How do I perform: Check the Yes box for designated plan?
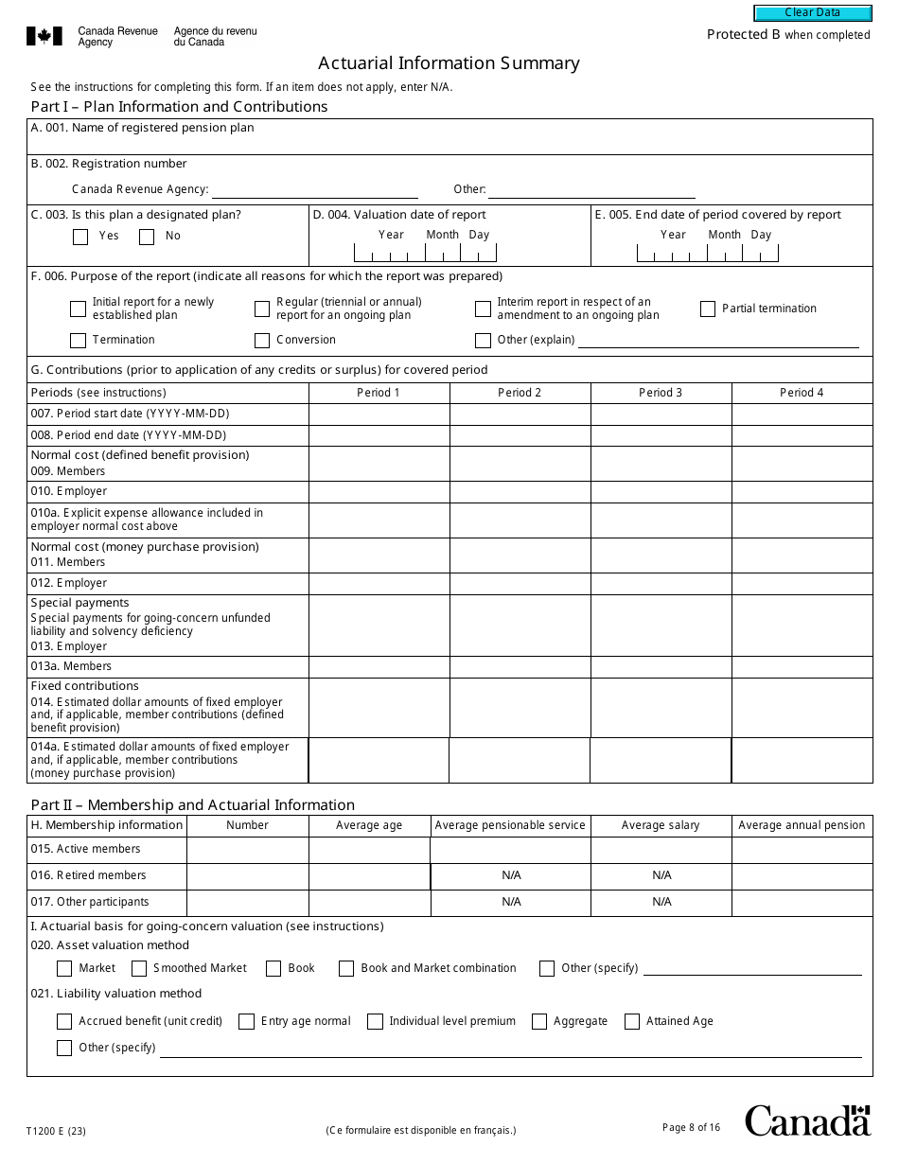tap(80, 237)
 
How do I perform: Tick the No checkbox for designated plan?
tap(147, 237)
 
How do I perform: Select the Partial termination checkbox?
tap(708, 309)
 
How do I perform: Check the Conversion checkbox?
tap(262, 340)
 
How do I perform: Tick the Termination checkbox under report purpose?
tap(78, 340)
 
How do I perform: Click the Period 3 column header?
tap(661, 393)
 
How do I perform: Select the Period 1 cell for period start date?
tap(379, 414)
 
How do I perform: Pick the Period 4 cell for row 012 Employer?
tap(802, 583)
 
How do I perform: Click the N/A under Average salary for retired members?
tap(661, 876)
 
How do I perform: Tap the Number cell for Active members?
tap(247, 850)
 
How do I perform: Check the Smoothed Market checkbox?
tap(139, 968)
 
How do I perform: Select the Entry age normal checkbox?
tap(246, 1021)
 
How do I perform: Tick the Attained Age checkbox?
tap(631, 1021)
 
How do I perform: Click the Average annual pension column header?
tap(802, 825)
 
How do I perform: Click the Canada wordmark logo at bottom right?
tap(807, 1120)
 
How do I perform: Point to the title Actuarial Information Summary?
tap(449, 63)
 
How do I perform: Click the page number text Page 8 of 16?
tap(691, 1127)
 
